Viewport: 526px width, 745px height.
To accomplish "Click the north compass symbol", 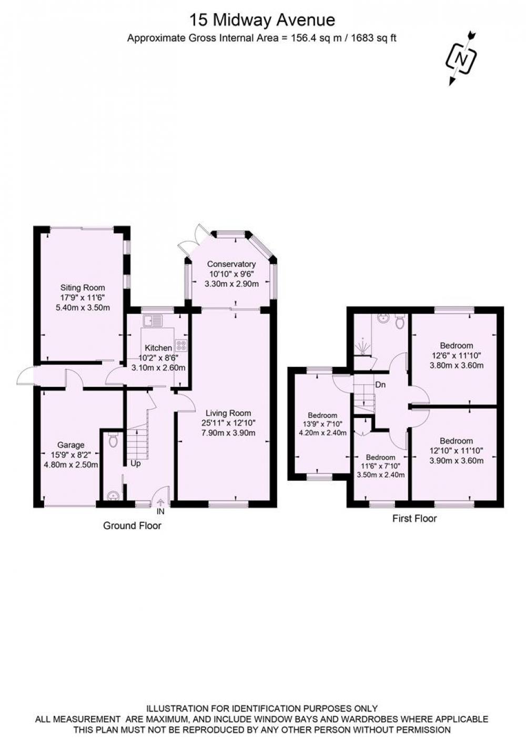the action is [x=462, y=58].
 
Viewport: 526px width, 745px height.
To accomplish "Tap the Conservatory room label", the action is [x=231, y=264].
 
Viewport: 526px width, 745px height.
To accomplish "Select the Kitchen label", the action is [x=158, y=348].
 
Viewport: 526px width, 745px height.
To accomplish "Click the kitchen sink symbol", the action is [x=153, y=320].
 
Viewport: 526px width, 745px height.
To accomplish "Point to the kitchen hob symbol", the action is [x=181, y=345].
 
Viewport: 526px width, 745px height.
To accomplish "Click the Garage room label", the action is [x=71, y=445].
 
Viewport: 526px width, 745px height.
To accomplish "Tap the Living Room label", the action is [x=228, y=413].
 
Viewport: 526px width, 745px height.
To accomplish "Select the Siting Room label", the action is [x=83, y=287].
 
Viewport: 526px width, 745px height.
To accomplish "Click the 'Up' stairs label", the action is [x=135, y=463].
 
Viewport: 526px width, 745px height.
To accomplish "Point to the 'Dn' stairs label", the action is [x=380, y=385].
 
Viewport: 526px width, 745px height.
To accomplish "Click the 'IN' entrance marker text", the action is [x=160, y=512].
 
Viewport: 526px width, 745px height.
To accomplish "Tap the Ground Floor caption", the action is [x=132, y=526].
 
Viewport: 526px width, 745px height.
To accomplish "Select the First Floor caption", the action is [x=414, y=519].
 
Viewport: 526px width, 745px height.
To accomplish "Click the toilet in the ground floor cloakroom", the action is [x=113, y=440].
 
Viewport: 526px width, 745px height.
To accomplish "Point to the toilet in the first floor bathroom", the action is [x=400, y=321].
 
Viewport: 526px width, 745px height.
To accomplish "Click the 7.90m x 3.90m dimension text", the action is [x=228, y=433].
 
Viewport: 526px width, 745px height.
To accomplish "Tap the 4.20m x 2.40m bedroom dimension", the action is [x=322, y=433].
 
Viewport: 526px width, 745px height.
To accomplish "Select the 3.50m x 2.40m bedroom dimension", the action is [x=381, y=475].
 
